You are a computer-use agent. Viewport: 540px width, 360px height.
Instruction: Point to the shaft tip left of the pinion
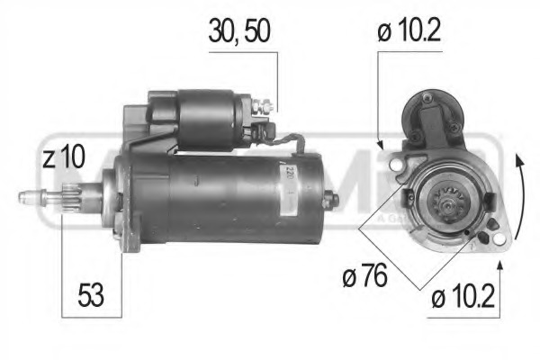pyautogui.click(x=31, y=195)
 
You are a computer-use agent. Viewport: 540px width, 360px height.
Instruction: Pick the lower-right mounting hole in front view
pyautogui.click(x=486, y=238)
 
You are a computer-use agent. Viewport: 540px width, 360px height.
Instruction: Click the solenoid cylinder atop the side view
pyautogui.click(x=211, y=117)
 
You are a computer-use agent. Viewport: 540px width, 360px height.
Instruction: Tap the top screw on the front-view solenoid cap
pyautogui.click(x=427, y=98)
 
